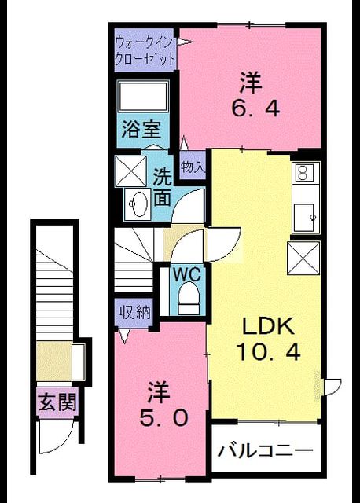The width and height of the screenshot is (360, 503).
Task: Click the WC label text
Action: click(187, 275)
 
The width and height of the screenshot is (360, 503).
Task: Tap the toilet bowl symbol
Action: click(189, 298)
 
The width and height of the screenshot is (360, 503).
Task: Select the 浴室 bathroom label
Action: click(141, 130)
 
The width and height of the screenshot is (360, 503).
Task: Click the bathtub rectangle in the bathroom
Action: click(143, 96)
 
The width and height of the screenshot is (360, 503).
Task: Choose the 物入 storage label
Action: click(193, 166)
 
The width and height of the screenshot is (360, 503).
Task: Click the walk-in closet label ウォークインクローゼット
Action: click(145, 51)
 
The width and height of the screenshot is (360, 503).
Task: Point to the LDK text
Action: click(268, 327)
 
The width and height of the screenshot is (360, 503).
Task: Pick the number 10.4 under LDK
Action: click(268, 352)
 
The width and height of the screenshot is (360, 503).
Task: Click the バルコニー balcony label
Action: click(266, 451)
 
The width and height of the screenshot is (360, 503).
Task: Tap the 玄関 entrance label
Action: click(57, 402)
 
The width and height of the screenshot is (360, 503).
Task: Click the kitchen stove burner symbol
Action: click(303, 172)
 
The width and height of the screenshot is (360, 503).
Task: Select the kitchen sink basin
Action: click(306, 216)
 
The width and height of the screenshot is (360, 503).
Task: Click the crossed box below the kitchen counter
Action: click(303, 259)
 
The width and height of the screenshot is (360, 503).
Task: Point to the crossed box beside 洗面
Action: click(131, 171)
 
